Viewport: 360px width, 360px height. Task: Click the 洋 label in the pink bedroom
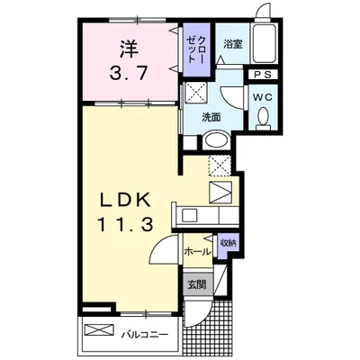[130, 49]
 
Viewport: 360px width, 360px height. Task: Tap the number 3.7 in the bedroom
[129, 73]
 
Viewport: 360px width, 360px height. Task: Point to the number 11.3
[125, 225]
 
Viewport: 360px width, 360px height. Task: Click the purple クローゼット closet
[196, 49]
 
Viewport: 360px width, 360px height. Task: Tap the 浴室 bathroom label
[233, 45]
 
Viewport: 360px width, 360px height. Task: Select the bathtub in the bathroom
[264, 43]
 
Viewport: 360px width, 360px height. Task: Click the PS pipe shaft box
[263, 75]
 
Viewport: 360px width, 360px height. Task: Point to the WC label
[263, 97]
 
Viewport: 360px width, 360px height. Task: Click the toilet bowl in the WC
[264, 117]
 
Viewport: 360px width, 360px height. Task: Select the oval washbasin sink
[216, 140]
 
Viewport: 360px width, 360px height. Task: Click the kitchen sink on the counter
[189, 215]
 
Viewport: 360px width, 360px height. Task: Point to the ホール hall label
[197, 252]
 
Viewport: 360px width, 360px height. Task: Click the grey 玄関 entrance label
[197, 284]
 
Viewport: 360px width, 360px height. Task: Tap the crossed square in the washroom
[195, 92]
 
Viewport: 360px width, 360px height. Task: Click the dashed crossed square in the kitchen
[220, 166]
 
